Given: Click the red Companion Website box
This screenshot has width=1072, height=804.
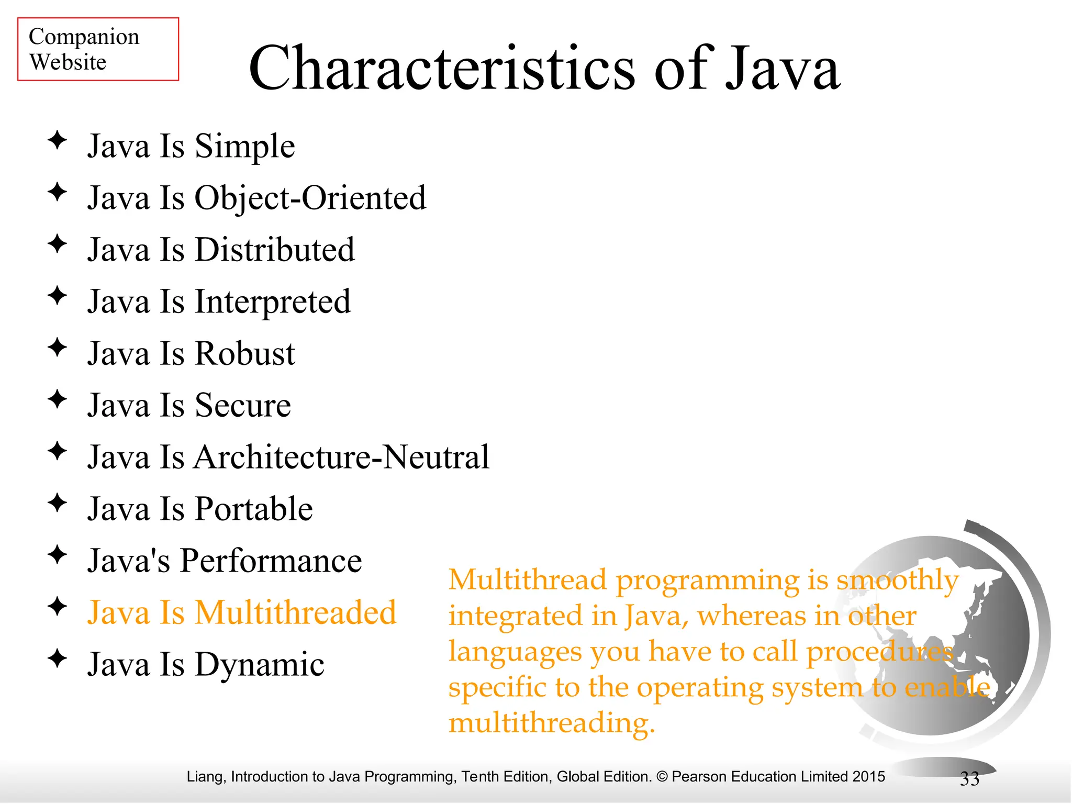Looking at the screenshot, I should coord(98,49).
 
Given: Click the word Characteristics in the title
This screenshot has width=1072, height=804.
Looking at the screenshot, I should coord(442,69).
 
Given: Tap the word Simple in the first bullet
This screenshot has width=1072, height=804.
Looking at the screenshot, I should coord(245,147).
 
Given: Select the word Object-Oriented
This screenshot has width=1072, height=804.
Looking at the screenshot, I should coord(310,198).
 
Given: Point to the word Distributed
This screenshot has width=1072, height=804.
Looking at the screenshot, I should coord(275,250).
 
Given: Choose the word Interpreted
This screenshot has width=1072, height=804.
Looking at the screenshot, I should coord(273,302).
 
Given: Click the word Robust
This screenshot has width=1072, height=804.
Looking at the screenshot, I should coord(245,354).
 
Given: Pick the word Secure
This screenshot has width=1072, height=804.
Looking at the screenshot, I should coord(243,406).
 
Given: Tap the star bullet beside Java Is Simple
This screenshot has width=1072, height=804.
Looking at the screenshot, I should coord(57,140).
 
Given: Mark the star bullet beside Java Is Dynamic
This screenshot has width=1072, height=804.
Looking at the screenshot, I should coord(57,658).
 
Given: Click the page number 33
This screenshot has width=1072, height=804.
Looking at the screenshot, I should coord(969,779).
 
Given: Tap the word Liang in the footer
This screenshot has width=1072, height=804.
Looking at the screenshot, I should coord(206,777).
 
